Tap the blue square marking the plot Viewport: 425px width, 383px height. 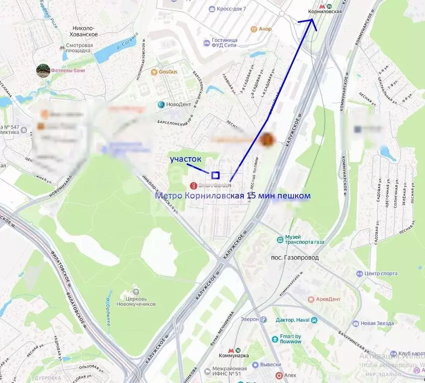click(215, 175)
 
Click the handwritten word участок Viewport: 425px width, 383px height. click(186, 159)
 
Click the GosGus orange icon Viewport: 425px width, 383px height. click(154, 72)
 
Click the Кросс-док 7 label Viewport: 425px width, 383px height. click(231, 9)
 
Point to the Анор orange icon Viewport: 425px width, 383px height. click(254, 29)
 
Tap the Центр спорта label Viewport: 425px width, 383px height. click(381, 273)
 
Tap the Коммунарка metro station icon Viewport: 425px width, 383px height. click(231, 352)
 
